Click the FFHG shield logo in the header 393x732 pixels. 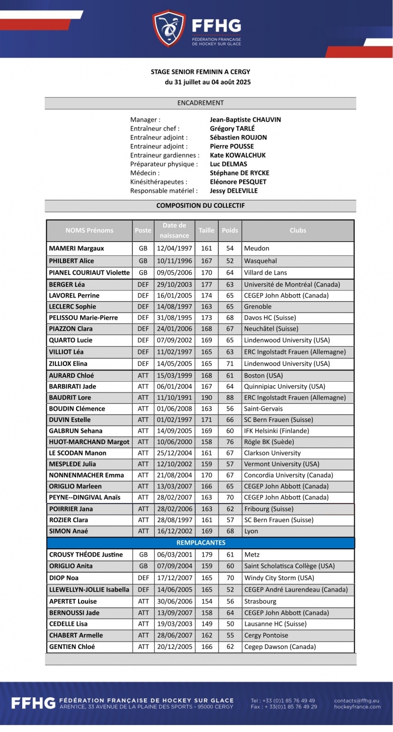168,28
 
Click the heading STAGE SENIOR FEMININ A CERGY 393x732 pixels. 200,72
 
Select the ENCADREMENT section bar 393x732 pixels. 200,103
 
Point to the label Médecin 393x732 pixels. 144,173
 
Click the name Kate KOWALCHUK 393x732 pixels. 238,155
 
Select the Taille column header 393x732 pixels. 206,230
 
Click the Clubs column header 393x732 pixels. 298,230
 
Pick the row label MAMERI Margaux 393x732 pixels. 77,249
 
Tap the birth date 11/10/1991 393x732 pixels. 174,397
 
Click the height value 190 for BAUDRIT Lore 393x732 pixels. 206,397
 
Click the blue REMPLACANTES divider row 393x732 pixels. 200,543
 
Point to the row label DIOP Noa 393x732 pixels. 64,578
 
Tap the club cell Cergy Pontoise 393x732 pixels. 266,635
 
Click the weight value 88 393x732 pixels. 230,397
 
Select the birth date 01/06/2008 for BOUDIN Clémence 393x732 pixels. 174,409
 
